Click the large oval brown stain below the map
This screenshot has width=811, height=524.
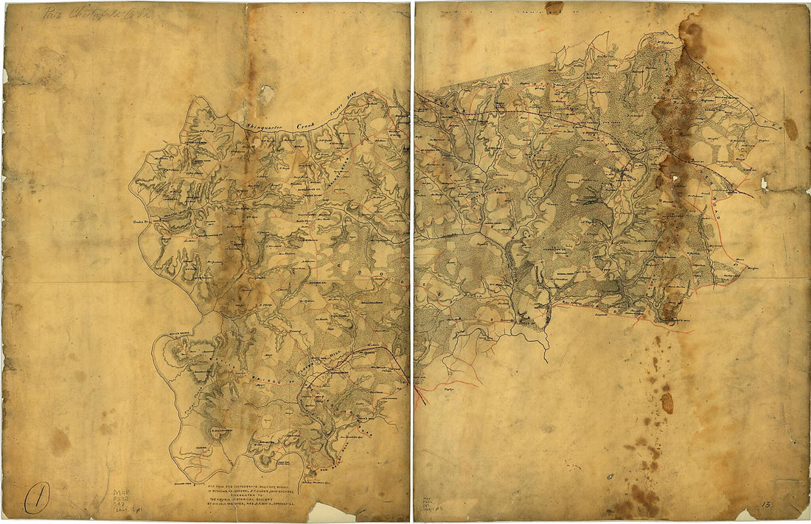[x=667, y=402]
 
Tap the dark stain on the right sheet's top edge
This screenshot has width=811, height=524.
[x=554, y=7]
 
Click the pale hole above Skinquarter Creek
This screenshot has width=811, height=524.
[x=266, y=94]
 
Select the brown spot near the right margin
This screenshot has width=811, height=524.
[x=791, y=128]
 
